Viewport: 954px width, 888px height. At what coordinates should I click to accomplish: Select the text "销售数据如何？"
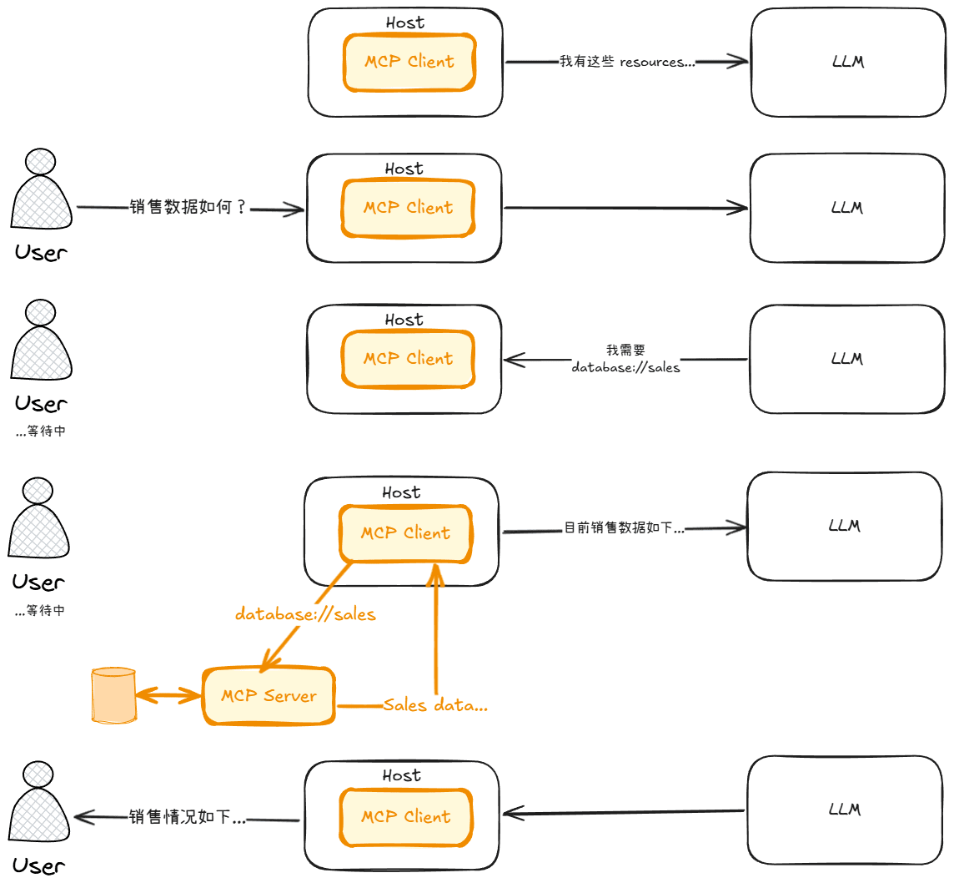188,208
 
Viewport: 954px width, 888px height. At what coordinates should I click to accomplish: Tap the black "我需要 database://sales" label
625,359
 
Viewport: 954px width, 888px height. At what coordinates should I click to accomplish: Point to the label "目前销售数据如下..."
625,528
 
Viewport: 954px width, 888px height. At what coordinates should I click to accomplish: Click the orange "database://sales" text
305,615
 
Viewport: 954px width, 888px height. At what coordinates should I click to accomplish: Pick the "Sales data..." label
435,705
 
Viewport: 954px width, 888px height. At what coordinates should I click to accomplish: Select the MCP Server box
269,696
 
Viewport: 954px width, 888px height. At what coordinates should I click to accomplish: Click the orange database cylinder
113,694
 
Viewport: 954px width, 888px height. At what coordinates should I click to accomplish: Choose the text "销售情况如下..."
188,818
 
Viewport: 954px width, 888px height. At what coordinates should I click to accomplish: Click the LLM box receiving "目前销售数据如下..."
844,526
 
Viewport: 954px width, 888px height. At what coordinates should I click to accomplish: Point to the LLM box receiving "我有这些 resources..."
848,63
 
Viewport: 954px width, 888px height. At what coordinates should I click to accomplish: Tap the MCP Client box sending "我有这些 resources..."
409,62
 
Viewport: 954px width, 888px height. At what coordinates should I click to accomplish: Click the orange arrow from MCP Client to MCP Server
304,617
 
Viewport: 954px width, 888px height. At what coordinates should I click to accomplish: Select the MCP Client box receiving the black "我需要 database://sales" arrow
408,359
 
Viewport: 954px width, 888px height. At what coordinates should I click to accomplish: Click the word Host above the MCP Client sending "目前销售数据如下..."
401,492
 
